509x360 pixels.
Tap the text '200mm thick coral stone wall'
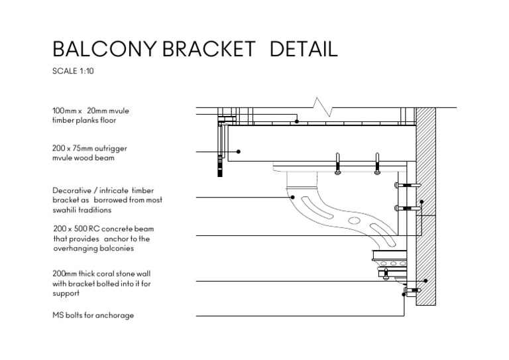103,273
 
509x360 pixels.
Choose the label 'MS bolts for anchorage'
93,315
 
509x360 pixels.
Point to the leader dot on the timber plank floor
297,121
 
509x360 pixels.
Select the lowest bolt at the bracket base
411,291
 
